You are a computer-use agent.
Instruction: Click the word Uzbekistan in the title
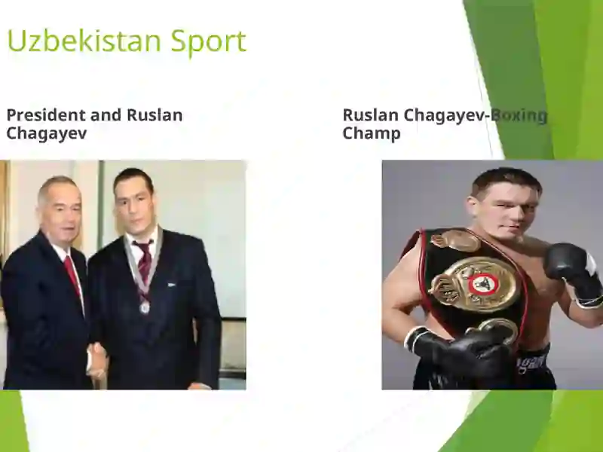tap(84, 41)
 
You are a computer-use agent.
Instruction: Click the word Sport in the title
tap(209, 42)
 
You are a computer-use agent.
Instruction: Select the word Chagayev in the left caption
tap(47, 133)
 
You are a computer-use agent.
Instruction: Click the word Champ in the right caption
tap(372, 133)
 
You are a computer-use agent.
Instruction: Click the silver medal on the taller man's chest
tap(145, 307)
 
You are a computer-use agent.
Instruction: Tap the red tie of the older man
tap(72, 276)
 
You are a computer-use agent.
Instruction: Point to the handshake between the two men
tap(96, 357)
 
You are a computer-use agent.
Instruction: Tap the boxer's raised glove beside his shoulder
tap(573, 272)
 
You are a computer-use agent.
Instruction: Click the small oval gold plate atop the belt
tap(456, 240)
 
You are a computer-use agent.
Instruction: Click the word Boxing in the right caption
tap(519, 116)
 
